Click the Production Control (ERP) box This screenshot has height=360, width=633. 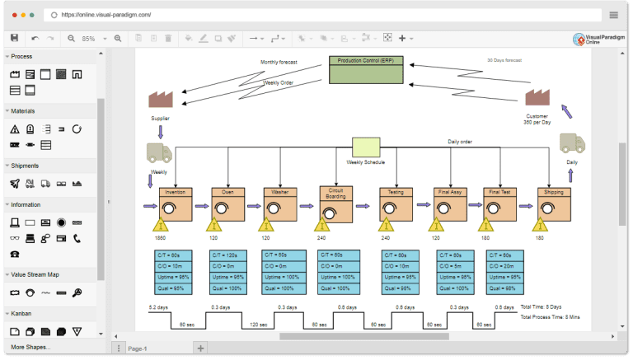tap(367, 69)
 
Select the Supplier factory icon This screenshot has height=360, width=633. tap(160, 100)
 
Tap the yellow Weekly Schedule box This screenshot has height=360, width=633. tap(366, 146)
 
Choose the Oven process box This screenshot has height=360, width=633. tap(227, 203)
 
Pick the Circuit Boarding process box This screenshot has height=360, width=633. tap(336, 203)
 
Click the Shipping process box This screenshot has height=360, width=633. tap(554, 203)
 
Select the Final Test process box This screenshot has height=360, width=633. tap(499, 203)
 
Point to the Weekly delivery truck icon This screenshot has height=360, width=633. tap(159, 152)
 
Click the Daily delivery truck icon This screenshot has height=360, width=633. tap(571, 143)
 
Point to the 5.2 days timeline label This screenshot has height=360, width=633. tap(158, 306)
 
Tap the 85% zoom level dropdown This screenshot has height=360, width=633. tap(91, 39)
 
